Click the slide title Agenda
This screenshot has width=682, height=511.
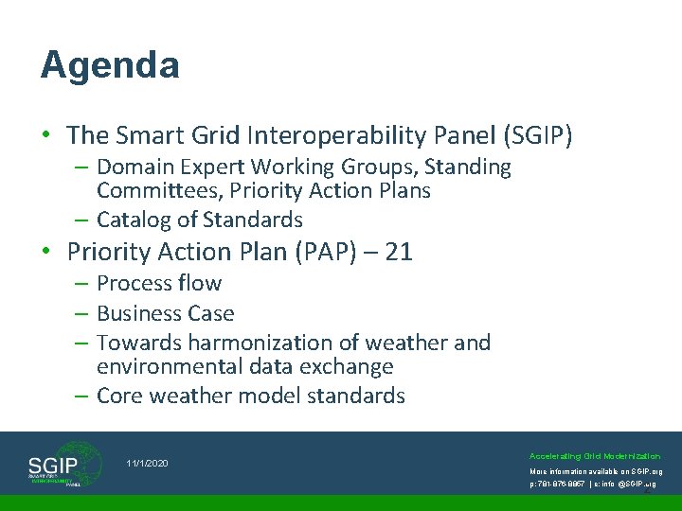pyautogui.click(x=110, y=65)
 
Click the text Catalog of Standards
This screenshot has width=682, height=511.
pyautogui.click(x=199, y=220)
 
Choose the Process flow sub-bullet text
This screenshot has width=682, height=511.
pyautogui.click(x=158, y=283)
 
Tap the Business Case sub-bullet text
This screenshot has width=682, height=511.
pyautogui.click(x=165, y=313)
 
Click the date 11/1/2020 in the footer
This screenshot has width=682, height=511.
pyautogui.click(x=147, y=463)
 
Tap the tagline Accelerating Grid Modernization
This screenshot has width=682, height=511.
pyautogui.click(x=595, y=455)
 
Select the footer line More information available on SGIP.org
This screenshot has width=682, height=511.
pyautogui.click(x=595, y=470)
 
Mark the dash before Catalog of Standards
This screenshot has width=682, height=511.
pyautogui.click(x=83, y=220)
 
